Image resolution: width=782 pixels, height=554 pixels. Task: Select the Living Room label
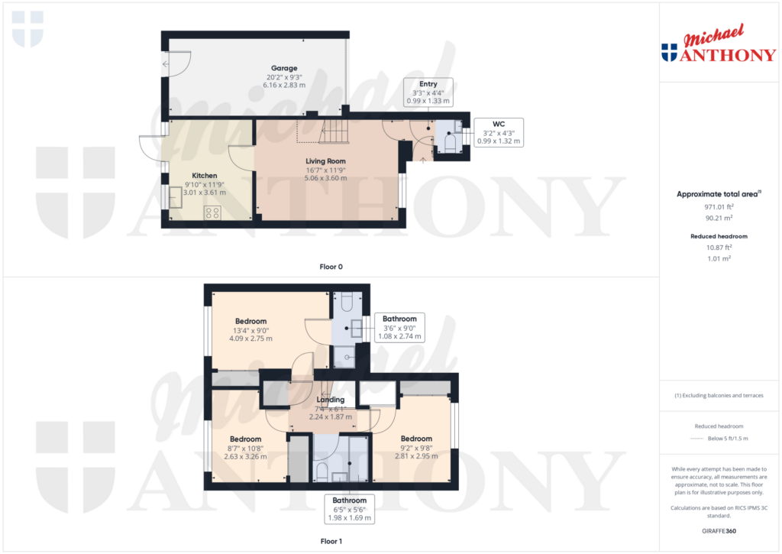[327, 161]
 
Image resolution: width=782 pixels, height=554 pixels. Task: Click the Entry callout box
[428, 92]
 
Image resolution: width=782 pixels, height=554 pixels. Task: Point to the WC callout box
[498, 131]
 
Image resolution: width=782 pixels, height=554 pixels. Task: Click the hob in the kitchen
[212, 212]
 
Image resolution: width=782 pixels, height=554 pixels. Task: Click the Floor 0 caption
[331, 267]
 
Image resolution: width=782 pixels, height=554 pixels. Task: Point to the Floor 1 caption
[331, 541]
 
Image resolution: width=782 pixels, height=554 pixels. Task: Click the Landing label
[331, 400]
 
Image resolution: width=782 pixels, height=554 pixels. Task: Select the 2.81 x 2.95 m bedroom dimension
[416, 456]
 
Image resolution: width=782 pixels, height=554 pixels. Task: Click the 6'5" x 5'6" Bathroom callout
[348, 510]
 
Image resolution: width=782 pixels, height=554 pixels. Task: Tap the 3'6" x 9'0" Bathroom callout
[399, 327]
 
